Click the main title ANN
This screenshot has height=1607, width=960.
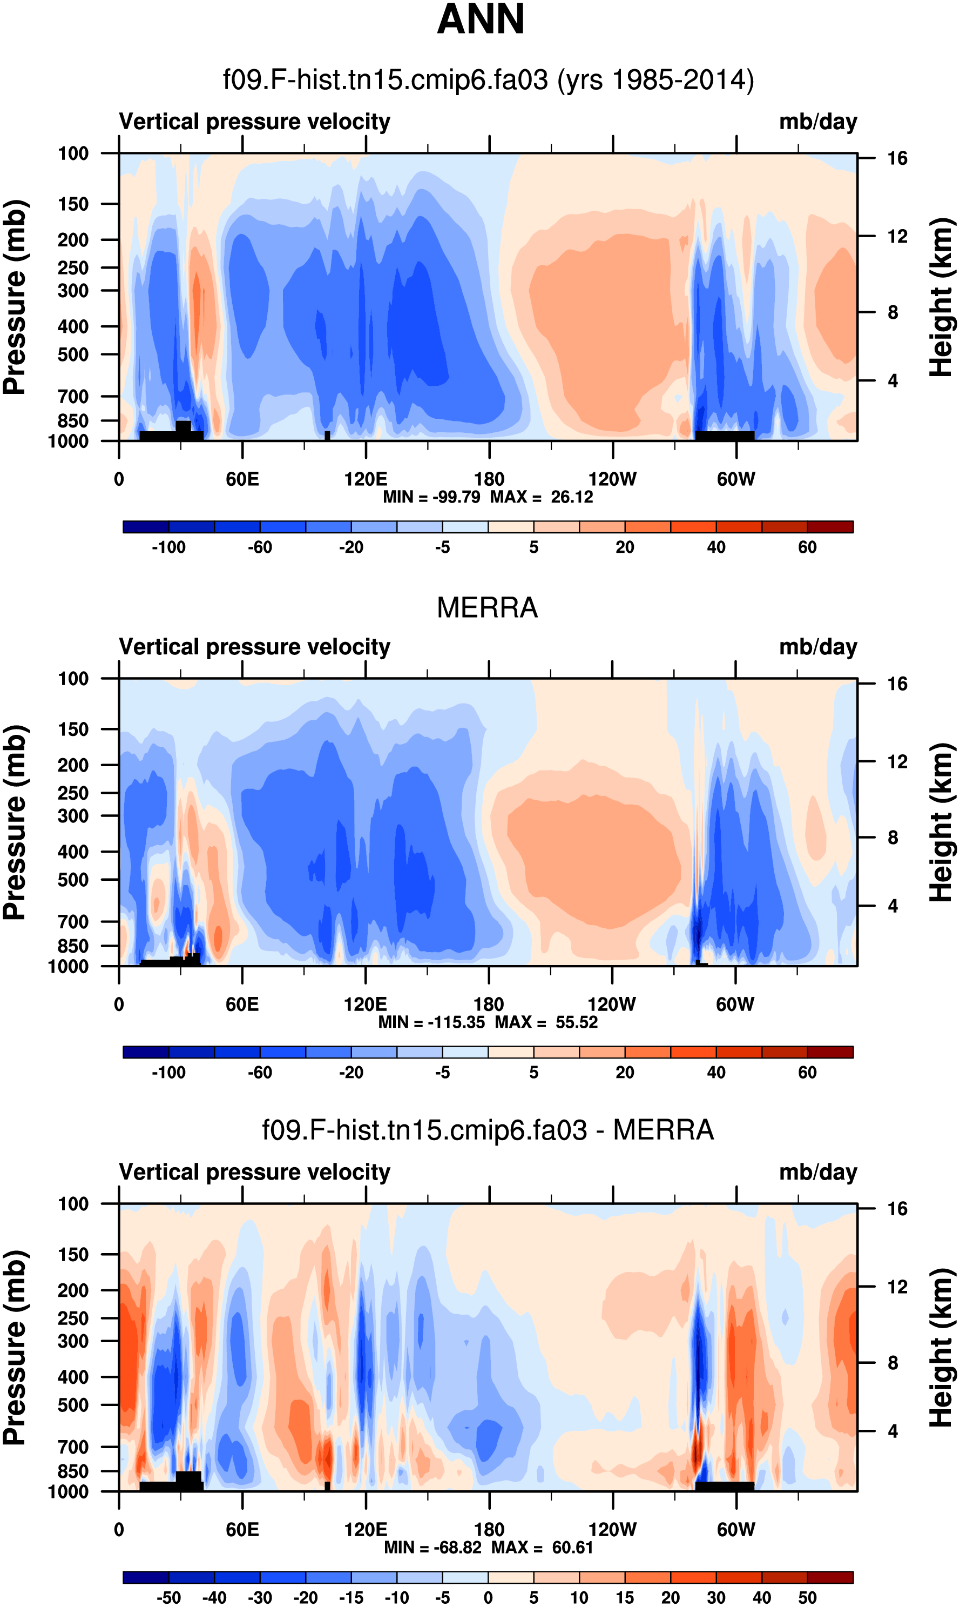(480, 19)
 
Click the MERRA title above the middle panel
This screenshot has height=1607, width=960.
(487, 608)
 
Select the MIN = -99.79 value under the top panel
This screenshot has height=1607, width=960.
(431, 497)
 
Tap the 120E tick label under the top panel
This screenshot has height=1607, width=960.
(366, 480)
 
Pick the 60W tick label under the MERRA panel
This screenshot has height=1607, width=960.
(735, 1005)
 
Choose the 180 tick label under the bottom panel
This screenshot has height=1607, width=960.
(489, 1530)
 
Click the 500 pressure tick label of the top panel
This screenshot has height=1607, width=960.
(73, 354)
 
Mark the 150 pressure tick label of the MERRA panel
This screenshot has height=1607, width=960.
(73, 729)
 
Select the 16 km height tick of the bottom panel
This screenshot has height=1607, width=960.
(897, 1209)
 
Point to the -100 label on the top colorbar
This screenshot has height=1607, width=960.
(168, 547)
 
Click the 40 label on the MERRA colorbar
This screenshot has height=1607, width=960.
(716, 1073)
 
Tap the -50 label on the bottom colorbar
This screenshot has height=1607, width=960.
(168, 1598)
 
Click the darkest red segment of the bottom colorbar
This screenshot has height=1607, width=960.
(830, 1577)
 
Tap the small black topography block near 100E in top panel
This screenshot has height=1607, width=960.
(327, 436)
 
